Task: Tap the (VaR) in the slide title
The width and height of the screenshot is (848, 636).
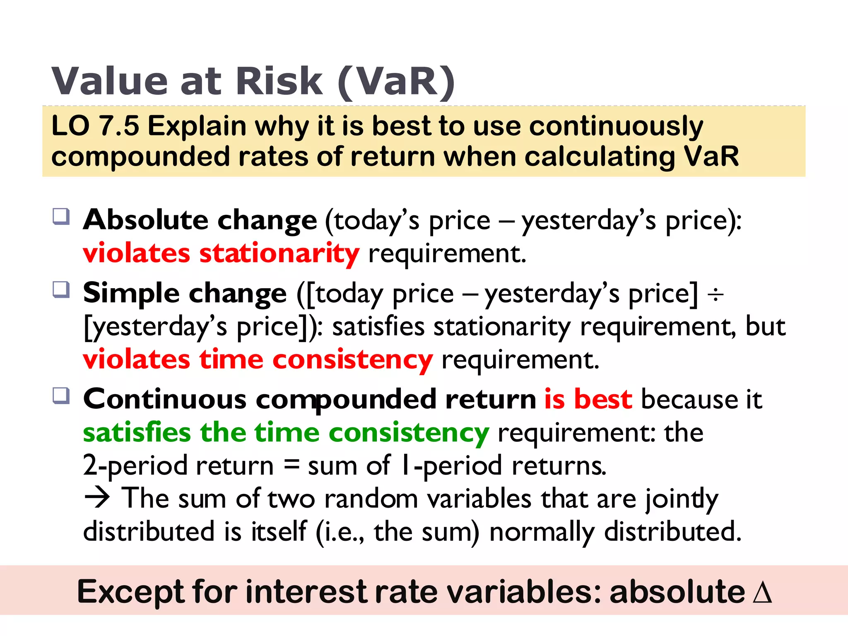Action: (397, 82)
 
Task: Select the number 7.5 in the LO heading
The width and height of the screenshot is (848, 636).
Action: (119, 126)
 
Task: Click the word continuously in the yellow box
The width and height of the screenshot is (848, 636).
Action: (616, 126)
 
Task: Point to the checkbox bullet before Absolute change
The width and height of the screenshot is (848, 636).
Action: (61, 216)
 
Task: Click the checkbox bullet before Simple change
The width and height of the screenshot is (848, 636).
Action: (61, 289)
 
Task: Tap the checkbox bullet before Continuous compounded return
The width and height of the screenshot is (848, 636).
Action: (61, 395)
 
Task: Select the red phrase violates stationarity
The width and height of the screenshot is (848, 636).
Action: (221, 253)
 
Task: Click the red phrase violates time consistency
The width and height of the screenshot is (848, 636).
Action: (258, 359)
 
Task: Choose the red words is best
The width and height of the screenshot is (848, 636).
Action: (588, 400)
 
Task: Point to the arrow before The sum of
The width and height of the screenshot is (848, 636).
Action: (97, 498)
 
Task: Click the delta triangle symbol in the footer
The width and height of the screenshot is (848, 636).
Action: (762, 592)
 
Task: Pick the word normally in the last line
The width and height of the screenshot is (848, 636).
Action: (542, 532)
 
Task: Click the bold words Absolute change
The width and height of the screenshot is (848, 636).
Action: (200, 220)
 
